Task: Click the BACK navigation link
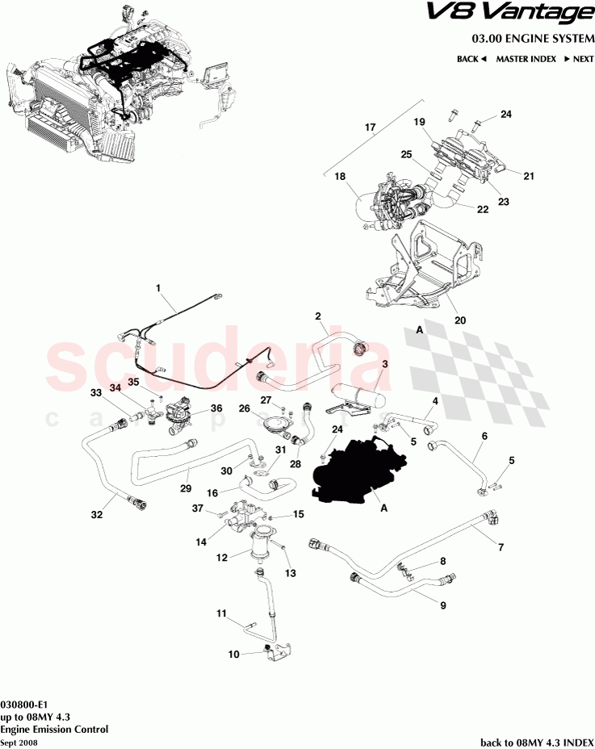point(471,59)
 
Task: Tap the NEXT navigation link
point(579,59)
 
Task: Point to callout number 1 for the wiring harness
point(158,287)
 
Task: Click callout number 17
point(371,128)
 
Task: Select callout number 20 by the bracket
point(460,320)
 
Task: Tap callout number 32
point(97,513)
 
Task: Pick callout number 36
point(216,408)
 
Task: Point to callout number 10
point(234,655)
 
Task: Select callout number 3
point(386,364)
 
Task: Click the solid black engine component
point(359,471)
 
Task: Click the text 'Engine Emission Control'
point(54,729)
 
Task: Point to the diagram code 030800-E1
point(29,705)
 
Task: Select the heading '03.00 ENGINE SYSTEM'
point(532,39)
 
